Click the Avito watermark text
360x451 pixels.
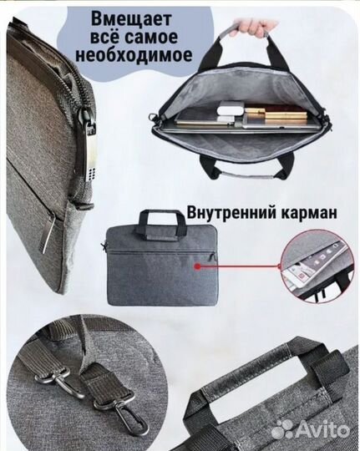[x=322, y=428]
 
